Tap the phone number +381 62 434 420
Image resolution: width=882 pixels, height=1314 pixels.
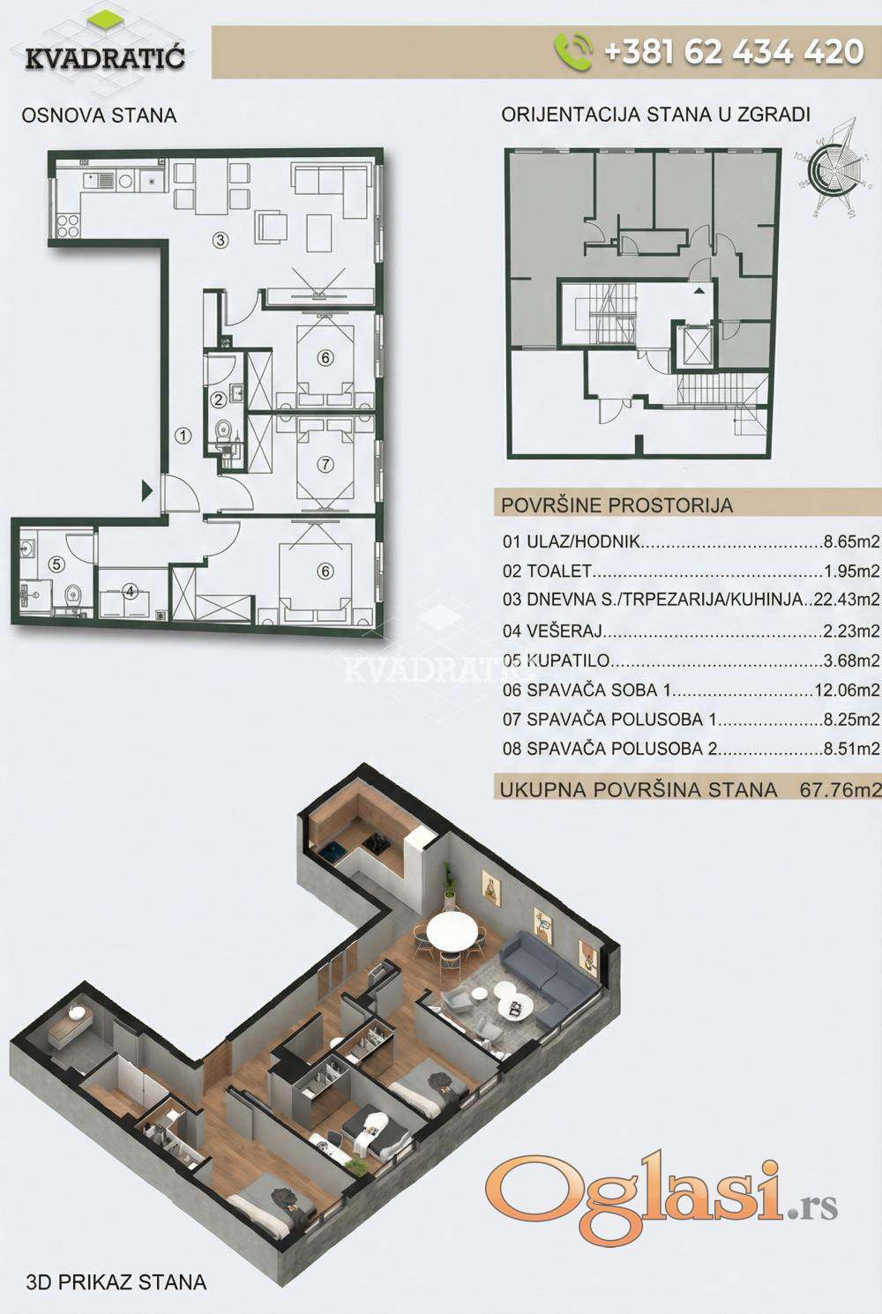click(x=734, y=52)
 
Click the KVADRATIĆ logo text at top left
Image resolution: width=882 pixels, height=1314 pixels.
click(x=105, y=57)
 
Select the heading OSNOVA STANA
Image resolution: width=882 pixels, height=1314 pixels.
click(x=99, y=115)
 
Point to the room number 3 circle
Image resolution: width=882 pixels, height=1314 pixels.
click(x=220, y=240)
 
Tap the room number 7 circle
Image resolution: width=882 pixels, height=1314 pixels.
click(x=325, y=465)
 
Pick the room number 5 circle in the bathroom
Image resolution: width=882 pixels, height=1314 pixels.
click(x=56, y=564)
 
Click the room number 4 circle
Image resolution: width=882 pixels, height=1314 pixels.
click(x=131, y=592)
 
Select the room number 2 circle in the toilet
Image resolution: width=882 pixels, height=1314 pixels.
click(x=219, y=400)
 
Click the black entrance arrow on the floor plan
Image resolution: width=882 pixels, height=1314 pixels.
click(x=147, y=490)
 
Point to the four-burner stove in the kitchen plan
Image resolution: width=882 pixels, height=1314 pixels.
click(x=68, y=225)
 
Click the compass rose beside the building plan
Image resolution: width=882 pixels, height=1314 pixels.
click(x=831, y=168)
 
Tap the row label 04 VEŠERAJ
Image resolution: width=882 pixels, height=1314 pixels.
click(x=553, y=631)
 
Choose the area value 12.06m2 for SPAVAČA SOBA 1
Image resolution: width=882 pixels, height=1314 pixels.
click(x=848, y=690)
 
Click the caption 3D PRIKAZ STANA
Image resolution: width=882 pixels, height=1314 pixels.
click(x=116, y=1282)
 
